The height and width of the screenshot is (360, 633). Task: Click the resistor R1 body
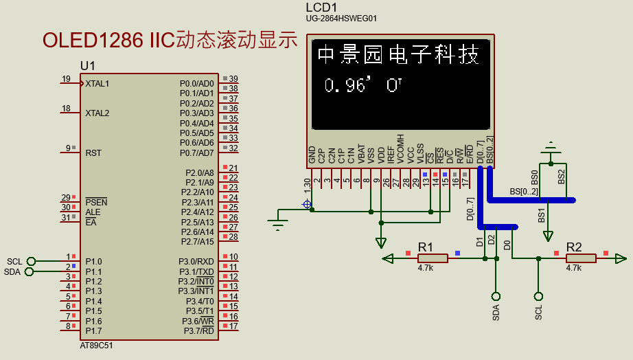click(x=433, y=258)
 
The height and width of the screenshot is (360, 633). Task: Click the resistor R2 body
click(x=581, y=258)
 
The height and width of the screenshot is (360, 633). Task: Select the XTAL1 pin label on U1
click(x=97, y=84)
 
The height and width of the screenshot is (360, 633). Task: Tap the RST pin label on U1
click(x=93, y=153)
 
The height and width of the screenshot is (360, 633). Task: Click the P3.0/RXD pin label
click(x=196, y=262)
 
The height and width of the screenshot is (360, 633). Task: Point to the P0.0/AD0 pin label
click(x=196, y=83)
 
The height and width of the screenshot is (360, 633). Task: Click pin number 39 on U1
click(x=233, y=79)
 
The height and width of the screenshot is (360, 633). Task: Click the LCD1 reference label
click(x=321, y=7)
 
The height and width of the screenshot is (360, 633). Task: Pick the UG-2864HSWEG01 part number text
click(x=341, y=19)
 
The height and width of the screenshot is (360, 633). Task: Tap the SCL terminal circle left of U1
click(x=31, y=261)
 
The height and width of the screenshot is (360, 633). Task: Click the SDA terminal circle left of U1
click(x=29, y=271)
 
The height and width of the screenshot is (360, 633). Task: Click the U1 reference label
click(x=88, y=65)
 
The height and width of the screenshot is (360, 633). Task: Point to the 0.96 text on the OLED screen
click(x=347, y=86)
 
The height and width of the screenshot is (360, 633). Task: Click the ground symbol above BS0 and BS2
click(x=550, y=147)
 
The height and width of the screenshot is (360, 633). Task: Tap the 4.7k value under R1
click(x=425, y=269)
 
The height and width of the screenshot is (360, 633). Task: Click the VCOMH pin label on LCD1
click(x=400, y=149)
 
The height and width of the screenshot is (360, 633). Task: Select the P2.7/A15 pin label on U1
click(x=197, y=242)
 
